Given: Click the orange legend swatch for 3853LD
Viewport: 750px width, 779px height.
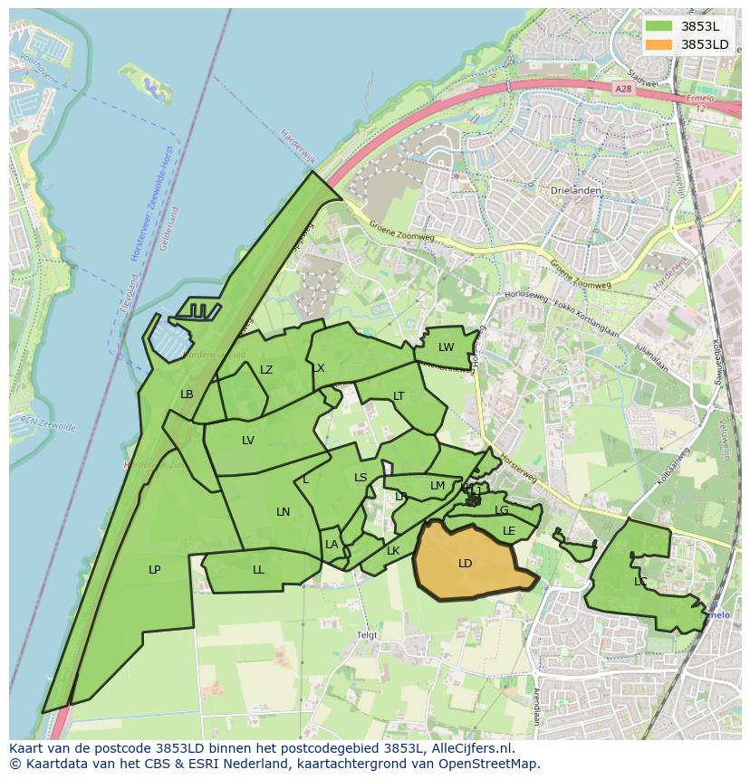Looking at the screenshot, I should coord(659,44).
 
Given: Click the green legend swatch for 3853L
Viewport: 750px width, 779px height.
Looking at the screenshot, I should coord(659,26).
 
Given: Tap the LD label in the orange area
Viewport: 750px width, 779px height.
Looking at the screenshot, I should coord(466,564).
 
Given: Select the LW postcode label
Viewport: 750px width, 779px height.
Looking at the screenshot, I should coord(447,347).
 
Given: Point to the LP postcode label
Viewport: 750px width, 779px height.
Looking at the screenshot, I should coord(155,570).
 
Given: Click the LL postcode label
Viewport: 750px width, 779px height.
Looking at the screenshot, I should coord(259,570).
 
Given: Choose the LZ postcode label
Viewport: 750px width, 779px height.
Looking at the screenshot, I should coord(266,370).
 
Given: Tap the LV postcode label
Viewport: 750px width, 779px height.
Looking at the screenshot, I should coord(248,441).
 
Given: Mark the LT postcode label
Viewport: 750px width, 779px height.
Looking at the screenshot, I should coord(399,396).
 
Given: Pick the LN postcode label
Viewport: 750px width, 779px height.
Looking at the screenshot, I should coord(284,512).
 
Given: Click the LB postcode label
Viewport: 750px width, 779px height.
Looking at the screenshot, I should coord(187,394).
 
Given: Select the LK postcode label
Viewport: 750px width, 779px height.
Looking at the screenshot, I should coord(393,551).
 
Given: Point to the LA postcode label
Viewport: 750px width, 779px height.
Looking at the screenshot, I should coord(332,545).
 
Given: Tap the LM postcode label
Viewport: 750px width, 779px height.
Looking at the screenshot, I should coord(437,486).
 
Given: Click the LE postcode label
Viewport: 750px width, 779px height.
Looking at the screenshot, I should coord(509,531).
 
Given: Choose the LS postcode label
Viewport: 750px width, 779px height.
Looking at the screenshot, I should coord(361,478).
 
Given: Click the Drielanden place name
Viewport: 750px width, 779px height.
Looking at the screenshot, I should coord(572,191).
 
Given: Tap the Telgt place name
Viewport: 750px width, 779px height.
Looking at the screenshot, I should coord(367,635).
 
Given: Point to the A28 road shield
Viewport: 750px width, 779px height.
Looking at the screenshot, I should coord(621,89).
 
